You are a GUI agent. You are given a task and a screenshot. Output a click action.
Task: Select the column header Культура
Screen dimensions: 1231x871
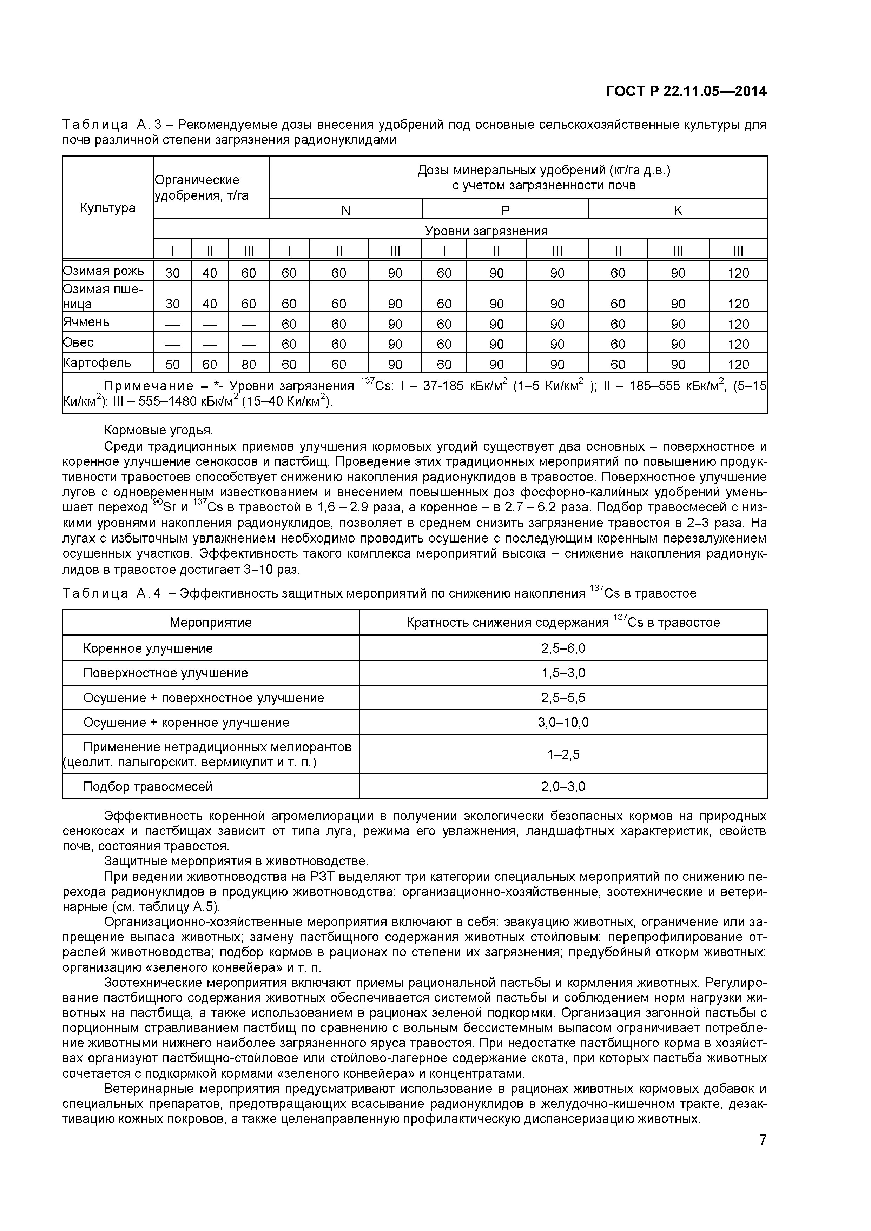(107, 208)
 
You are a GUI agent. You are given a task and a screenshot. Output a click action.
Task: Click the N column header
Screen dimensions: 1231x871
(345, 211)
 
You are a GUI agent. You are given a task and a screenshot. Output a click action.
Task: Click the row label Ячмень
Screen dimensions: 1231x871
(86, 322)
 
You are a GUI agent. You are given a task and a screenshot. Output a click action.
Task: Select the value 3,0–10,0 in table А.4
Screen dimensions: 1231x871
(563, 722)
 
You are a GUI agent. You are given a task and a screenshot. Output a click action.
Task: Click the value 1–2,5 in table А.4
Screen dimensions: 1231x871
(563, 754)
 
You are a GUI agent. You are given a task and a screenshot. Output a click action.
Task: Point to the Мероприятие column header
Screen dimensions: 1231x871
(210, 623)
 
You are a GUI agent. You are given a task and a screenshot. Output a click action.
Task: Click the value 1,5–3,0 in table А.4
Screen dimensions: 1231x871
(563, 673)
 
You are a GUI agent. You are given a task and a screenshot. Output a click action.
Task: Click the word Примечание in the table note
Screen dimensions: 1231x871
(149, 386)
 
